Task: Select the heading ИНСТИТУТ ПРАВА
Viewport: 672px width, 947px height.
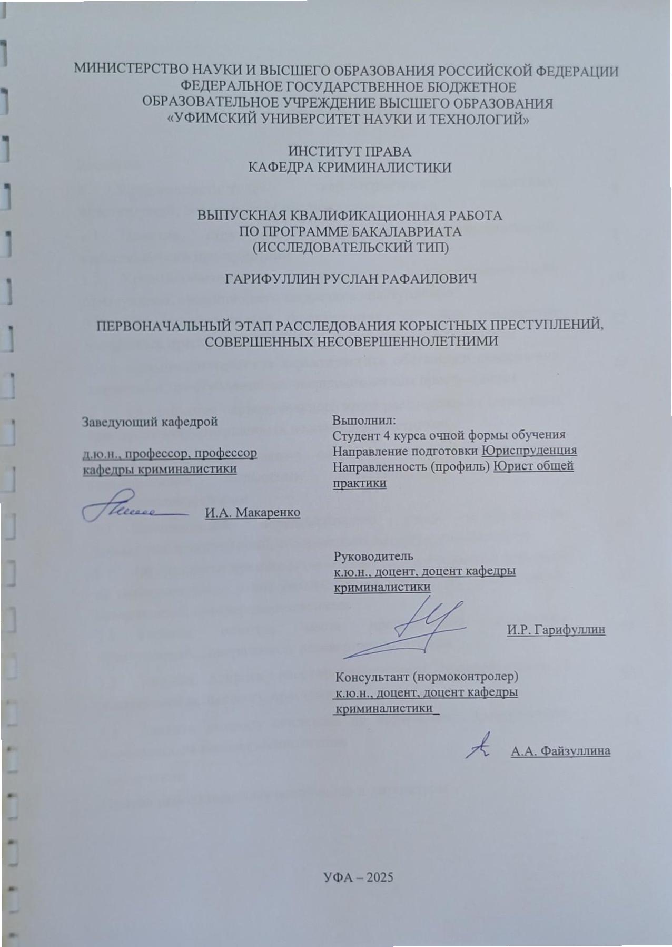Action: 349,152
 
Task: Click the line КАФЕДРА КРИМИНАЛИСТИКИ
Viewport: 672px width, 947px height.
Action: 350,168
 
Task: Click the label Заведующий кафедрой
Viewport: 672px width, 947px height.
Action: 150,422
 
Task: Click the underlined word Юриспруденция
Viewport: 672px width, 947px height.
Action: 529,451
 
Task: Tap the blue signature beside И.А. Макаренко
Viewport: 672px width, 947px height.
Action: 132,509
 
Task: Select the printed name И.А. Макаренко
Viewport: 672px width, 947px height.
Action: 252,512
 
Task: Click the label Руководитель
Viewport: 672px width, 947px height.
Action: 374,556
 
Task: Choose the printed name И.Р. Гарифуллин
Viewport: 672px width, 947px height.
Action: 556,630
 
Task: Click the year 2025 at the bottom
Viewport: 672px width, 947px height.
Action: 377,877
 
